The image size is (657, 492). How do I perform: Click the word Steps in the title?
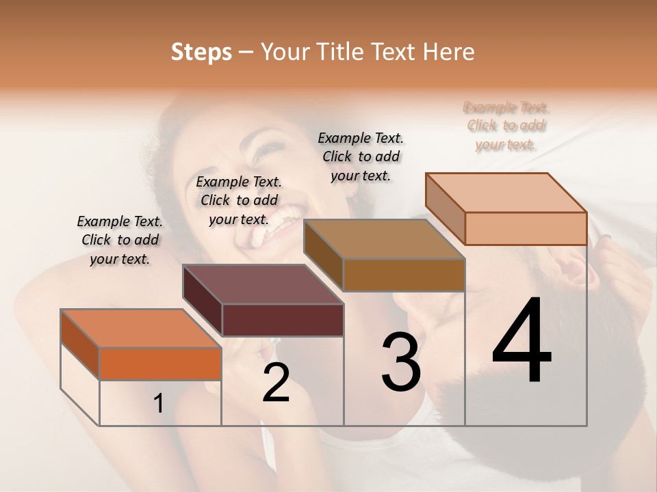click(201, 52)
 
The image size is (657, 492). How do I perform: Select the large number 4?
click(521, 342)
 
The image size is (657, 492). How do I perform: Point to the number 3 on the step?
click(400, 362)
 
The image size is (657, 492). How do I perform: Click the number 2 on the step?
click(276, 383)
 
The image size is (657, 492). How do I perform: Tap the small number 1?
click(159, 404)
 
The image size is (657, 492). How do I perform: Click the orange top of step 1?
click(140, 329)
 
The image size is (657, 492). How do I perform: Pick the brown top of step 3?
click(384, 240)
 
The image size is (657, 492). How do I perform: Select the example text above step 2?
click(239, 201)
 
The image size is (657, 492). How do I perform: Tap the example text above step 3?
click(361, 156)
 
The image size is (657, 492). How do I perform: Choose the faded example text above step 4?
click(506, 126)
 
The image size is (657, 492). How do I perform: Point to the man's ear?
click(578, 270)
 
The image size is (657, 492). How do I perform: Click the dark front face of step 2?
click(283, 320)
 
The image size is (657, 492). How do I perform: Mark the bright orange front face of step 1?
click(160, 364)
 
